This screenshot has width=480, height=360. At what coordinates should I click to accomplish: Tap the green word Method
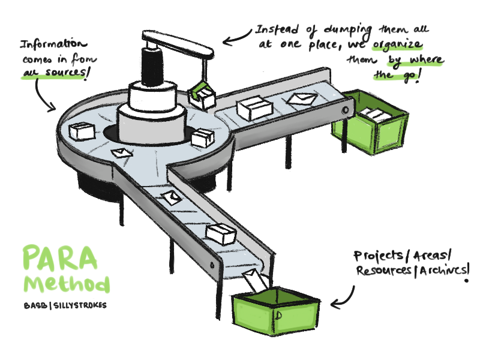coord(67,283)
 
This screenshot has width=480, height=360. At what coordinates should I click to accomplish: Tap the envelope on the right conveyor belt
coord(298,98)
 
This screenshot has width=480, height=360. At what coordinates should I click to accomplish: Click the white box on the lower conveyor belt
coord(220,233)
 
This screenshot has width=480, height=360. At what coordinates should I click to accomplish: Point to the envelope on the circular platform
coord(122,154)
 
